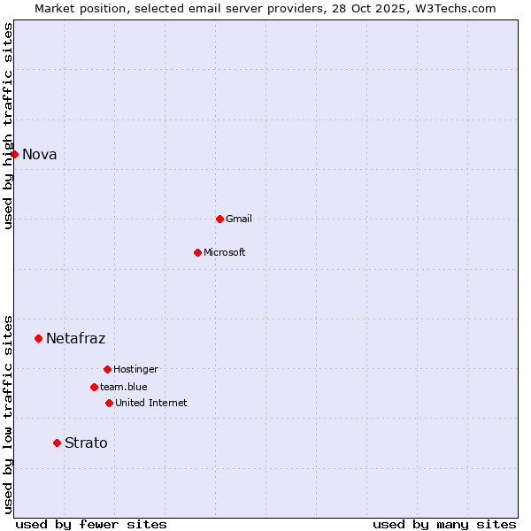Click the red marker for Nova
(14, 154)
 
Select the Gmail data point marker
(219, 219)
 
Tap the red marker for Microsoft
(197, 252)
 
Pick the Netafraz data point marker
(38, 338)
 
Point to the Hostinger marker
(107, 369)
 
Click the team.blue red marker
(94, 387)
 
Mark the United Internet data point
(109, 403)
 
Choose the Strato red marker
(57, 442)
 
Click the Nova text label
(39, 155)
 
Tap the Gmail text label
(239, 219)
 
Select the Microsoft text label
(225, 253)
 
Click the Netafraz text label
(75, 339)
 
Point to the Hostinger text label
(135, 370)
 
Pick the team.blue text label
(124, 388)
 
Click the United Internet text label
(150, 404)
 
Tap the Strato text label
(86, 443)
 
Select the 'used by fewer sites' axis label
(91, 524)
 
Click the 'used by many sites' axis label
(444, 524)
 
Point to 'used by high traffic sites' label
(9, 126)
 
